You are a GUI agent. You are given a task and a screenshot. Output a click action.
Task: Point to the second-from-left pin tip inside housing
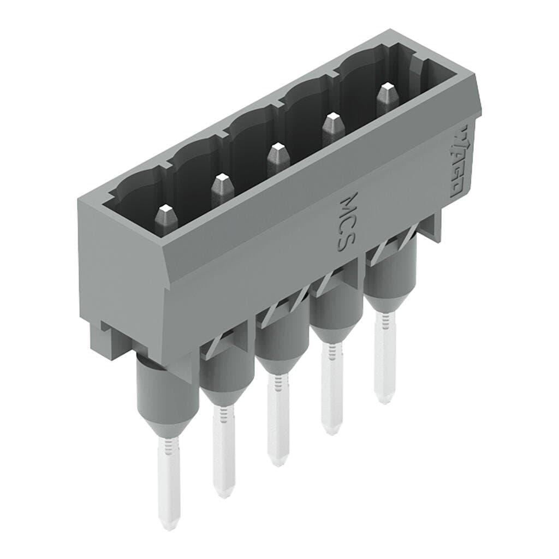(x=221, y=187)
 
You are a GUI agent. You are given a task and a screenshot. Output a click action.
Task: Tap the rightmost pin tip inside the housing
(x=386, y=95)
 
